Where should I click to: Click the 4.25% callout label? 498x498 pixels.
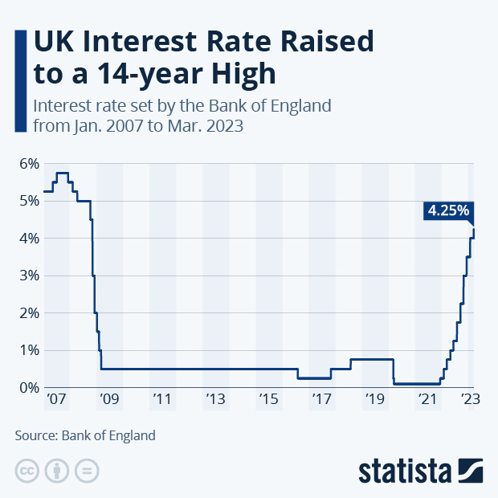[x=448, y=210]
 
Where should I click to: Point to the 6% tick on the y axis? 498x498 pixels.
[x=29, y=164]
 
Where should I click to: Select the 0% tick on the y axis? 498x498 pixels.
[x=29, y=387]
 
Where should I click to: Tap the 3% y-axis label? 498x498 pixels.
[x=29, y=276]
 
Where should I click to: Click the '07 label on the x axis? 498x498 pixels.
[x=55, y=399]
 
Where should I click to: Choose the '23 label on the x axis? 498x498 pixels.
[x=471, y=399]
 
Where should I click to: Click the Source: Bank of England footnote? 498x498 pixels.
[x=85, y=436]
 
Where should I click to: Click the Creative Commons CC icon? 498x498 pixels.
[x=27, y=471]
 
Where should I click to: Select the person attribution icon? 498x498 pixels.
[x=56, y=471]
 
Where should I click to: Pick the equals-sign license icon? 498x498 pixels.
[x=85, y=471]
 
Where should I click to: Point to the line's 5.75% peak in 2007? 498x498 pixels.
[x=62, y=173]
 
